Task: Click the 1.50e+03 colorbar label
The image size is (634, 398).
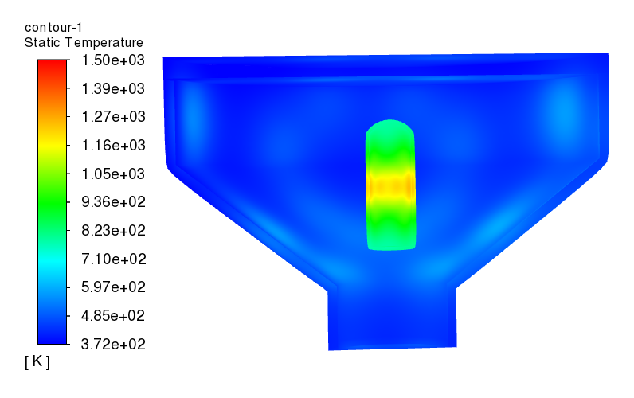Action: pos(113,60)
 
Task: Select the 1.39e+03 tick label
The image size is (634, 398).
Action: pos(113,88)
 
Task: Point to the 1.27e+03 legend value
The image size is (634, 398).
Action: pos(113,117)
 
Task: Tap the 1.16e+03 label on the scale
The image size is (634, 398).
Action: pos(113,145)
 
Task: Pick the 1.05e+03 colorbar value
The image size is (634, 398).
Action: pos(113,174)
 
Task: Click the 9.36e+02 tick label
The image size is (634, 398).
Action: pos(113,202)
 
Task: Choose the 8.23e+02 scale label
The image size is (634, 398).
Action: pos(113,230)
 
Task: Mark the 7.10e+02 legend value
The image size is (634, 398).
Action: pos(114,259)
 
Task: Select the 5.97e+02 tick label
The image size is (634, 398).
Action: pos(113,287)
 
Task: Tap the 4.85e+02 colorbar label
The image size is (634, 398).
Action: pos(113,315)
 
